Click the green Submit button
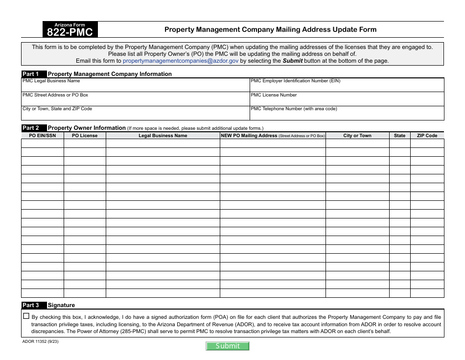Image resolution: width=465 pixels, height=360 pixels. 228,346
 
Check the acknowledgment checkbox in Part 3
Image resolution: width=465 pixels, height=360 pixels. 26,316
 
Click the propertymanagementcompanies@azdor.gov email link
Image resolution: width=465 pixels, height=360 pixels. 181,61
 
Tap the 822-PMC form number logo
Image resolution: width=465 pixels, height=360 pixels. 70,30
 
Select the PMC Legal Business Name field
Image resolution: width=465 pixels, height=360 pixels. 136,87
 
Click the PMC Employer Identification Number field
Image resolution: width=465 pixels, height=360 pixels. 347,87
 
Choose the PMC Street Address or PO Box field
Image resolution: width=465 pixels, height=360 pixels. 136,100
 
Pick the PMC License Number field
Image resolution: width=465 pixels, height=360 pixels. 347,100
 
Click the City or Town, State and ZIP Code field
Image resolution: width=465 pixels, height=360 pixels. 136,114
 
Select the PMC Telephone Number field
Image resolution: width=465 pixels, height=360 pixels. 347,114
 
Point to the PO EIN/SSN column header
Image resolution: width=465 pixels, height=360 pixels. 43,136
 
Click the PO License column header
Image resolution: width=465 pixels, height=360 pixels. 85,136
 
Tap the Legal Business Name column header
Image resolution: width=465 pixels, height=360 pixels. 163,136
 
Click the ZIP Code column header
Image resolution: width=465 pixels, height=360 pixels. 427,136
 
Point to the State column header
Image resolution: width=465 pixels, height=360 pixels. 399,136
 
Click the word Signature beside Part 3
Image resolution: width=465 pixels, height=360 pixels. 61,305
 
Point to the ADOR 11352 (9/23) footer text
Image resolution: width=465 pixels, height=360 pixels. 41,341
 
